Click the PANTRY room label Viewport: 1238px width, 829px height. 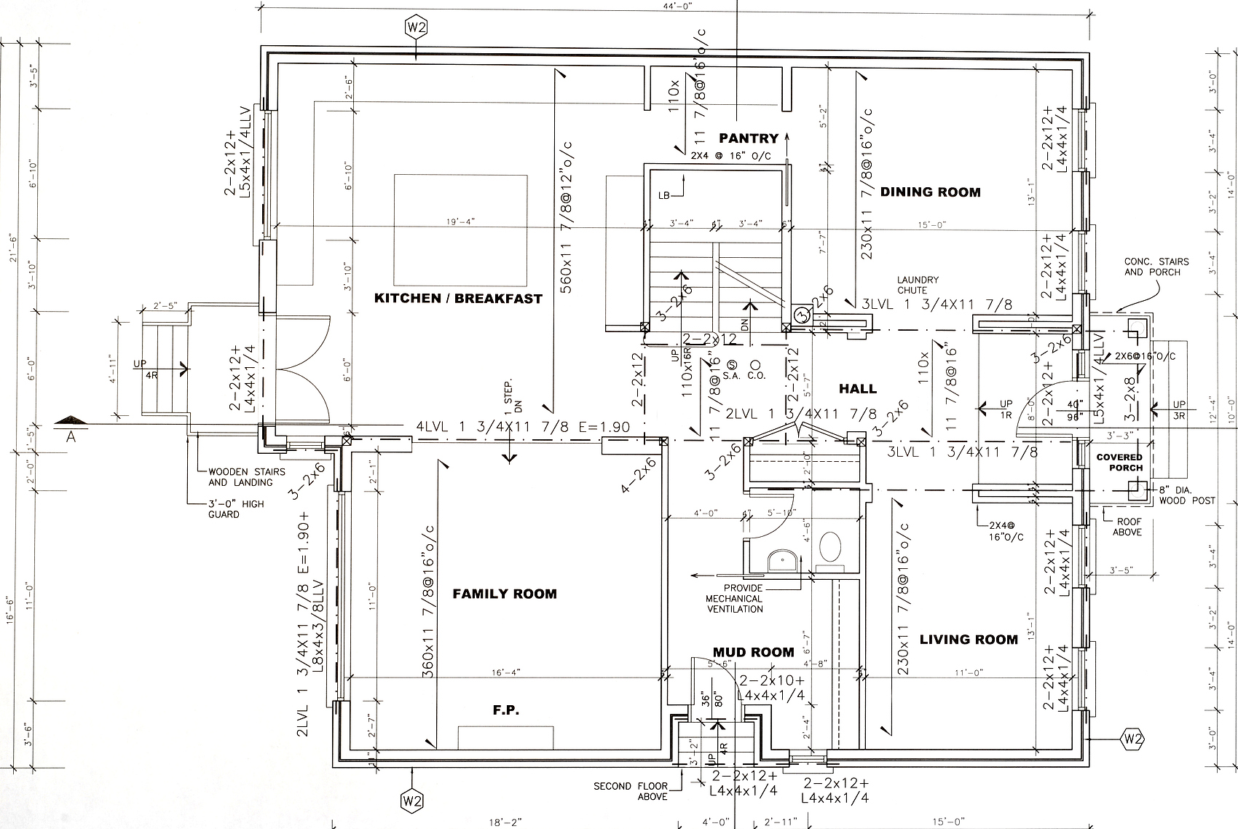[749, 138]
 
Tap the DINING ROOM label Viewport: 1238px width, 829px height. [930, 192]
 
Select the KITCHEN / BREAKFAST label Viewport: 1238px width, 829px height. [458, 298]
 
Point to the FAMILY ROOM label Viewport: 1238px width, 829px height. [505, 594]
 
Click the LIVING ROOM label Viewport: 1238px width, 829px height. [969, 640]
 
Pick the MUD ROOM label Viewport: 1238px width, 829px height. [753, 652]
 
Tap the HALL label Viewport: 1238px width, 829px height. [858, 389]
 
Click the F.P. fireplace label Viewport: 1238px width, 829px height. [506, 710]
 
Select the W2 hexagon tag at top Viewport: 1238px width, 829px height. [416, 27]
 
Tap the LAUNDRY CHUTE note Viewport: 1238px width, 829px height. [918, 285]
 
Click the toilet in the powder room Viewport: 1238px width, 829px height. [829, 547]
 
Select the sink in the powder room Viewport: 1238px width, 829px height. [783, 559]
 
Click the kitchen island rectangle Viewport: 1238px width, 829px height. [461, 229]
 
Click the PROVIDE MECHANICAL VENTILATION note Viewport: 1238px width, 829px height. [734, 598]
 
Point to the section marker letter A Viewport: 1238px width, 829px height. [71, 436]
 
